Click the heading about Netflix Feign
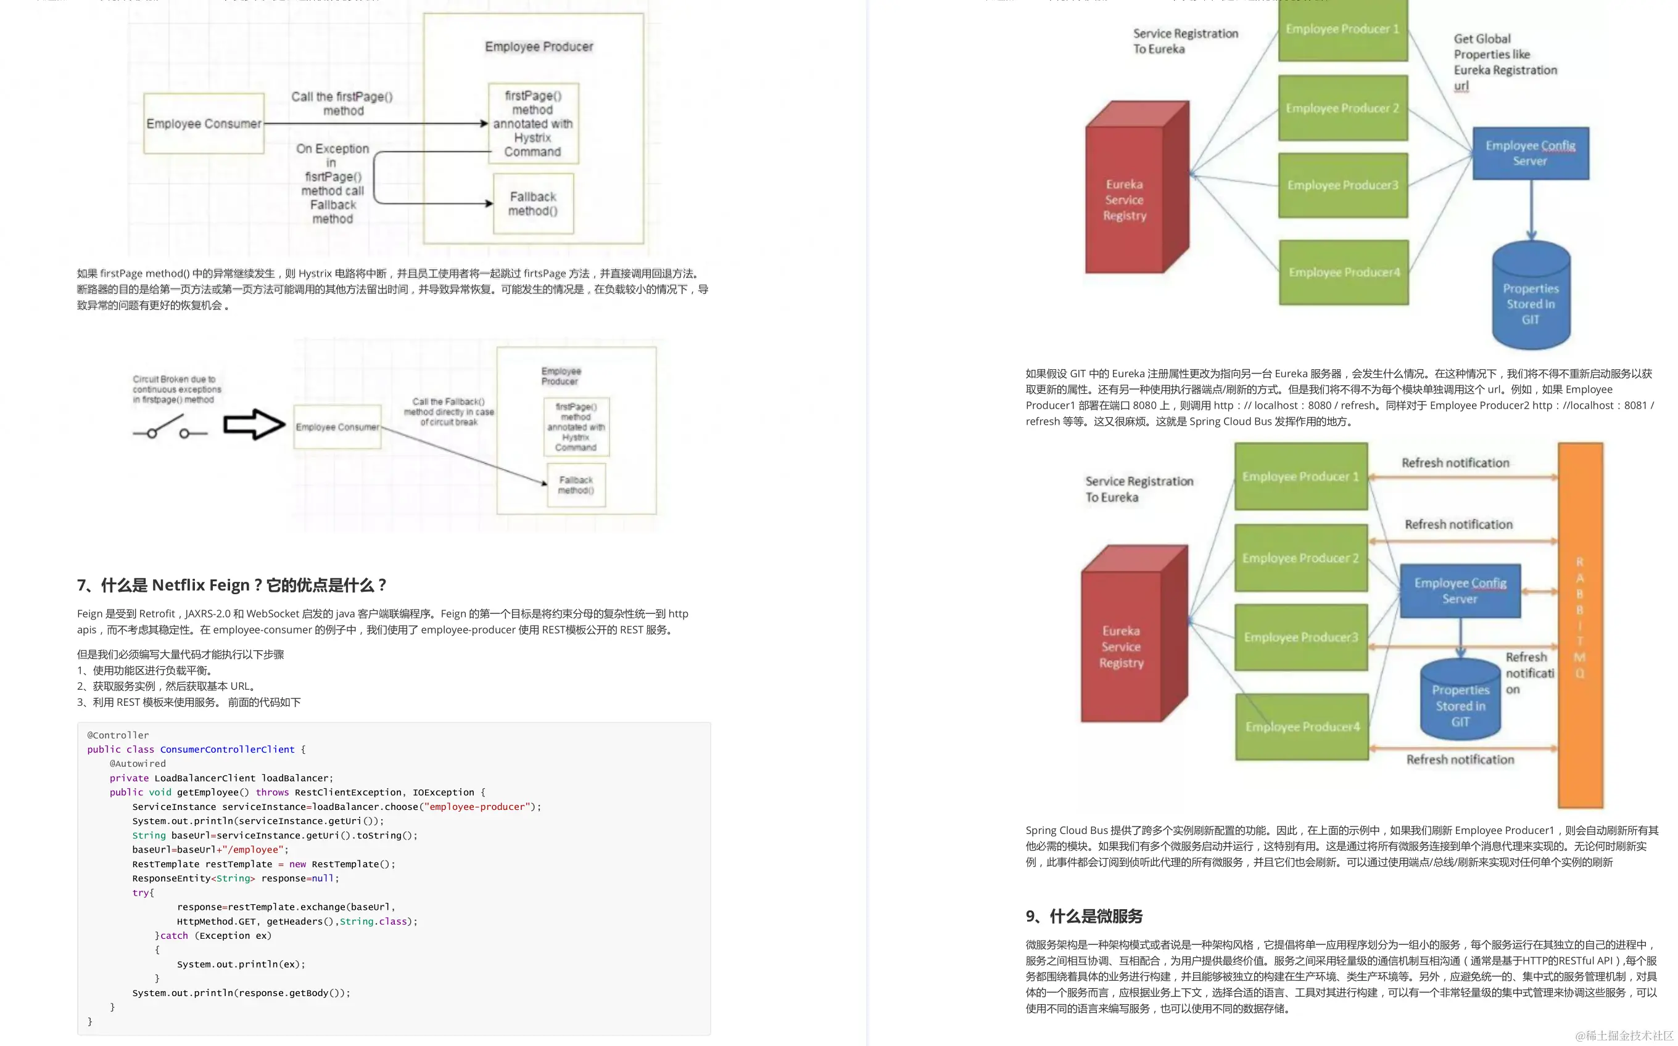click(x=232, y=586)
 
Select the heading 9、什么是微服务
click(x=1084, y=916)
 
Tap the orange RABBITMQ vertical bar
click(x=1581, y=624)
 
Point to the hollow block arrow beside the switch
click(x=254, y=424)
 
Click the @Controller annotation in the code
click(x=118, y=735)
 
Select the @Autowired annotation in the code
click(x=137, y=764)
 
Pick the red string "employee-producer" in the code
click(x=477, y=807)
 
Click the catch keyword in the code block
click(x=174, y=935)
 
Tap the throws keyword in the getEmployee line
click(x=272, y=792)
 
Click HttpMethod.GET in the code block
click(x=216, y=921)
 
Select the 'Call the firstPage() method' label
click(x=342, y=104)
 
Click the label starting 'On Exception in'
click(x=333, y=183)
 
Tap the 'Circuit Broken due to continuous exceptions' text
click(x=176, y=390)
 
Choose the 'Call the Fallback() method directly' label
click(x=449, y=412)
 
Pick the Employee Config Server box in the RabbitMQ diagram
click(x=1460, y=590)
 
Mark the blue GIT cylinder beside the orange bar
click(x=1460, y=700)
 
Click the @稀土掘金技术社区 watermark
click(x=1624, y=1035)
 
